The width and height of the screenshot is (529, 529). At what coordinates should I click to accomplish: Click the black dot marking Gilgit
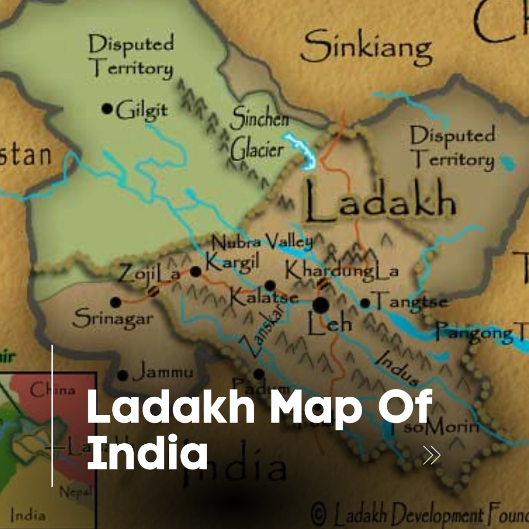(x=107, y=108)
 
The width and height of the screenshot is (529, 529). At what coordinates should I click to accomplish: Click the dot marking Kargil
(x=196, y=271)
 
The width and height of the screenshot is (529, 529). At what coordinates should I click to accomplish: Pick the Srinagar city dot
(x=116, y=302)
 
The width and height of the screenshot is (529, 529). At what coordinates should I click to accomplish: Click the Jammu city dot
(x=123, y=376)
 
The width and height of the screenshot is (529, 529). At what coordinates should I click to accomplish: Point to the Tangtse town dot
(x=365, y=303)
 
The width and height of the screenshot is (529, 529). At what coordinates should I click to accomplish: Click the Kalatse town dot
(x=270, y=285)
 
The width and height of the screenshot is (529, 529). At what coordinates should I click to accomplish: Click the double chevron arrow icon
(x=431, y=455)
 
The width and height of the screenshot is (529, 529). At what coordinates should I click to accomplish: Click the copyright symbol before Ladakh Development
(x=319, y=515)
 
